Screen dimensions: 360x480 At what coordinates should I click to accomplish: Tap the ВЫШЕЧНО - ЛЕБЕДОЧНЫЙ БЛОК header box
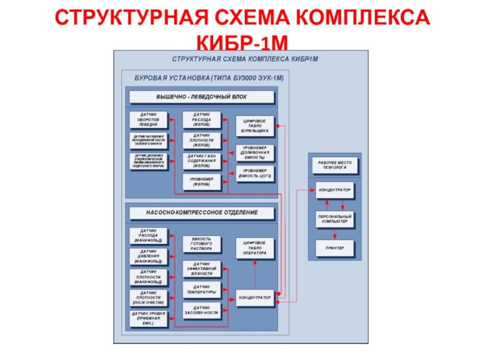tap(201, 97)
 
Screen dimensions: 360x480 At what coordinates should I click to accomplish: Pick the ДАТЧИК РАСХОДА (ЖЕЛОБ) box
tap(201, 120)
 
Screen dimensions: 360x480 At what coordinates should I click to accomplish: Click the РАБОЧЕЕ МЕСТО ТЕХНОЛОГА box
tap(334, 166)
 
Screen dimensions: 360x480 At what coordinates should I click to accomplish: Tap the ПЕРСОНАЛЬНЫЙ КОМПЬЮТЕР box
tap(334, 219)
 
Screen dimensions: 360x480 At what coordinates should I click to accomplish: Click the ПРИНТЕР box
tap(334, 247)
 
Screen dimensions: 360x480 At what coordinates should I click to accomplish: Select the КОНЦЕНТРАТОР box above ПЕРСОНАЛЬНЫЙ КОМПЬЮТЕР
tap(334, 190)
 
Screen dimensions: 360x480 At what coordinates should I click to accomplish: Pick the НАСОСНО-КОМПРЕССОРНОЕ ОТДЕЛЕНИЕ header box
tap(201, 212)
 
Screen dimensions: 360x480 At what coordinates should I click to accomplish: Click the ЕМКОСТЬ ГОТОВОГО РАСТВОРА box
tap(201, 243)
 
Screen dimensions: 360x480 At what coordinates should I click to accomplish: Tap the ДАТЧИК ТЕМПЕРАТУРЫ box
tap(201, 290)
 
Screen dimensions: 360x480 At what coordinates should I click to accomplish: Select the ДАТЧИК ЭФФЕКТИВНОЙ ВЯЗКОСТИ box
tap(201, 268)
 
